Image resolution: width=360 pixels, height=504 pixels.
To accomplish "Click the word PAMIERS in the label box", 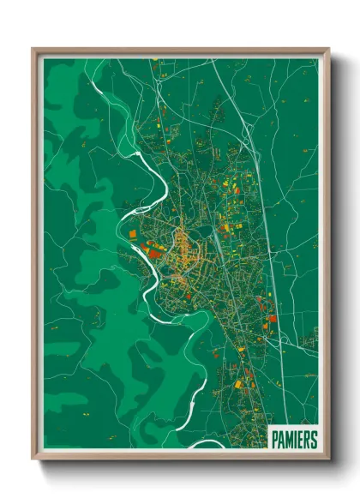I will (x=293, y=440).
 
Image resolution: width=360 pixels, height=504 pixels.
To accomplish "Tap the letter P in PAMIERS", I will (x=274, y=440).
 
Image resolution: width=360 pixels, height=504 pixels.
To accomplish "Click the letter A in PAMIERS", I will (x=280, y=440).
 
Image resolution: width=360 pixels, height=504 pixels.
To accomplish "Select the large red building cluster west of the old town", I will (x=155, y=250).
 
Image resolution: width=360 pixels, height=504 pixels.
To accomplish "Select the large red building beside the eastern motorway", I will (x=272, y=319).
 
